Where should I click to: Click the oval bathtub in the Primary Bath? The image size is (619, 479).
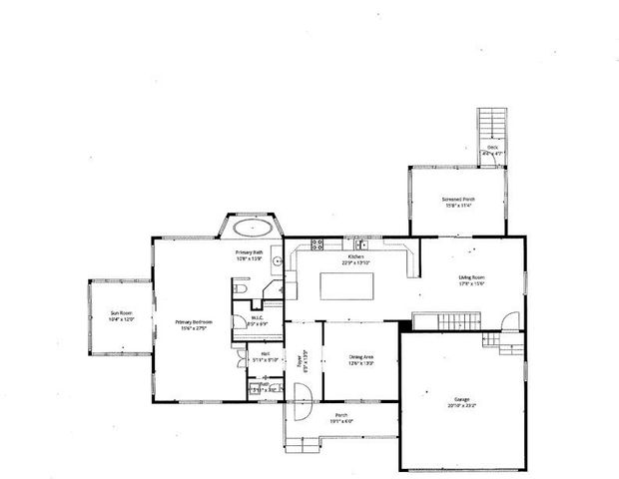click(x=249, y=227)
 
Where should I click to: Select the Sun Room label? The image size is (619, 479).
click(x=121, y=318)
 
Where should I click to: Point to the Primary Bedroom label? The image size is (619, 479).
click(x=192, y=325)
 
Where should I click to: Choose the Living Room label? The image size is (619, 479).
click(x=471, y=279)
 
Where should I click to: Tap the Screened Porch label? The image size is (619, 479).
click(x=458, y=203)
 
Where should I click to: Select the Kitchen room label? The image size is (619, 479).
click(x=355, y=259)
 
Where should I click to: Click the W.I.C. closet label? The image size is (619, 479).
click(x=257, y=321)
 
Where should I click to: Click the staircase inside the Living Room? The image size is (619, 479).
click(x=449, y=319)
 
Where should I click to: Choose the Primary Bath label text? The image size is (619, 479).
click(x=250, y=256)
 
